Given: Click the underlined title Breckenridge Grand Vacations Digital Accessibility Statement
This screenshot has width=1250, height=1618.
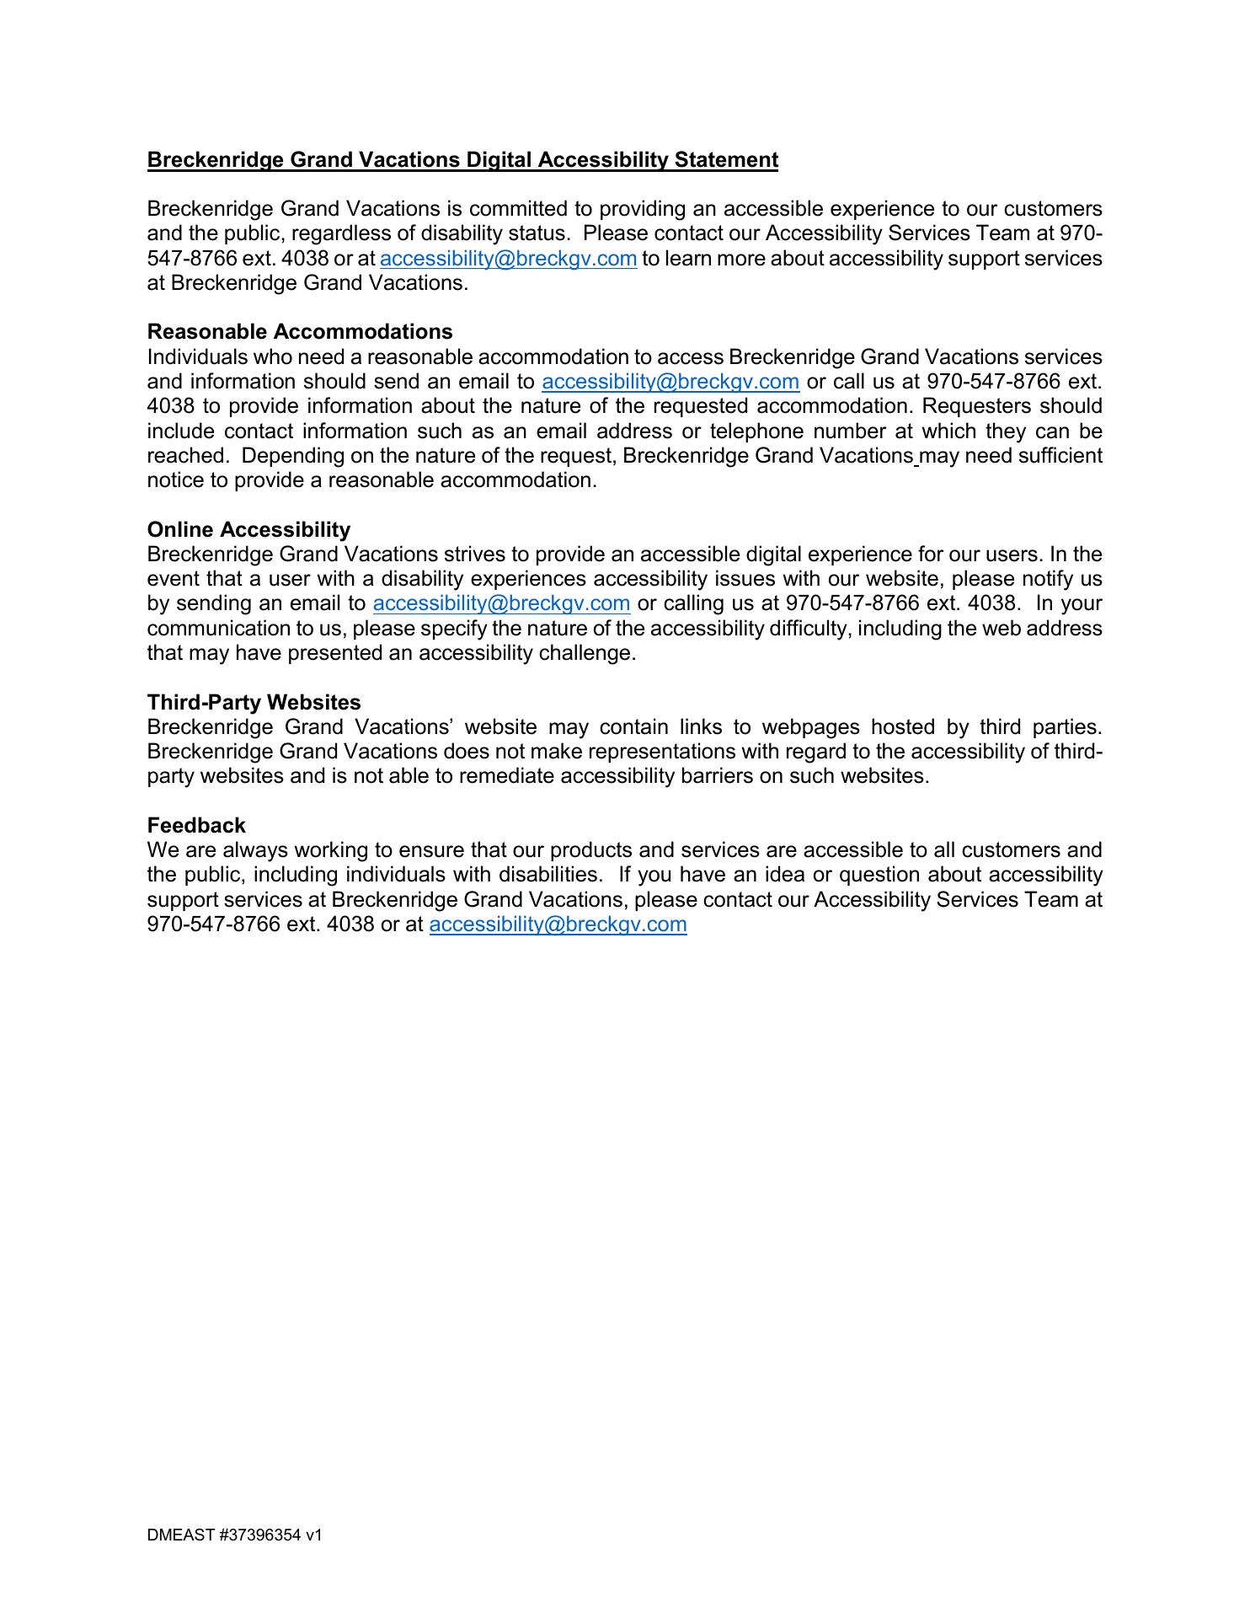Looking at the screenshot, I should point(462,160).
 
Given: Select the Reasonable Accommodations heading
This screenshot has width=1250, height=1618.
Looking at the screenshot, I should point(300,332).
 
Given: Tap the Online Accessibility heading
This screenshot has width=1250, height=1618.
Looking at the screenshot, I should point(248,530).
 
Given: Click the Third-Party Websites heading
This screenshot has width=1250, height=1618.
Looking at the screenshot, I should point(254,703).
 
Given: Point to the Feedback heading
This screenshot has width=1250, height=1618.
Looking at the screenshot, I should point(196,826).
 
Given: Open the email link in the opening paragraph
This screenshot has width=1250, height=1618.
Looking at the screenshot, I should point(508,259).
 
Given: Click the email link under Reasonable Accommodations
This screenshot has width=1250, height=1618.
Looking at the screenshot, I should point(670,382).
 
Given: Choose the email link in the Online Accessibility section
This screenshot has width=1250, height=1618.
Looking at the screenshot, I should point(501,603).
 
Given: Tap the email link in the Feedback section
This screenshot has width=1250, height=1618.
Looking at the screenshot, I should point(558,924).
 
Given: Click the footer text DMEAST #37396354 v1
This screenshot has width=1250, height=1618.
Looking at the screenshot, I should point(235,1535).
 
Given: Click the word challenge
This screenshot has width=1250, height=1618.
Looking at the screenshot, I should point(591,653).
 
